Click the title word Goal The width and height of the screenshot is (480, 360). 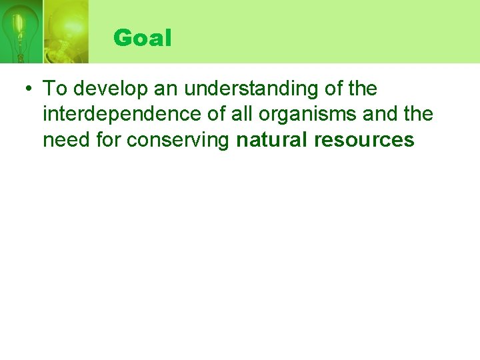click(143, 38)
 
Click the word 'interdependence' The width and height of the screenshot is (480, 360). click(123, 114)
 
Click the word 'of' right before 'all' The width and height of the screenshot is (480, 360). click(218, 114)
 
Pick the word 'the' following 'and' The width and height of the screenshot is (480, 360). click(419, 114)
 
